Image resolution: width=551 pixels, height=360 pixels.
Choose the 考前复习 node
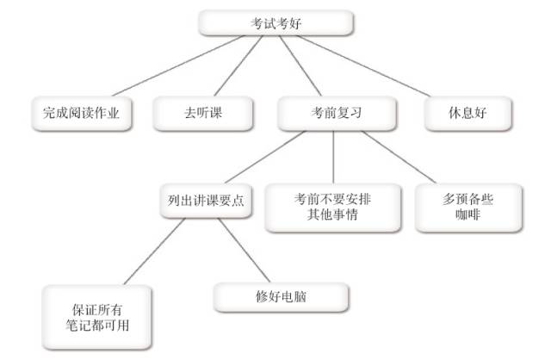(337, 111)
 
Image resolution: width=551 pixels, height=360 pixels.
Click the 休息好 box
(468, 111)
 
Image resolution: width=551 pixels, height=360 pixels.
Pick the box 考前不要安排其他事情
(332, 207)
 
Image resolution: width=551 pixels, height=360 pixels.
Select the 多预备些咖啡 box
(467, 207)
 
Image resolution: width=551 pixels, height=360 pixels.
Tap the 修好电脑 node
(281, 295)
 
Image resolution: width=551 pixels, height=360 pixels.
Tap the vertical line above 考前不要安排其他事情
(334, 156)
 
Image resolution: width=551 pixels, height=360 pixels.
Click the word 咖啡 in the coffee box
(467, 215)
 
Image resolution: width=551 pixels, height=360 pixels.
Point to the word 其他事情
(332, 215)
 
